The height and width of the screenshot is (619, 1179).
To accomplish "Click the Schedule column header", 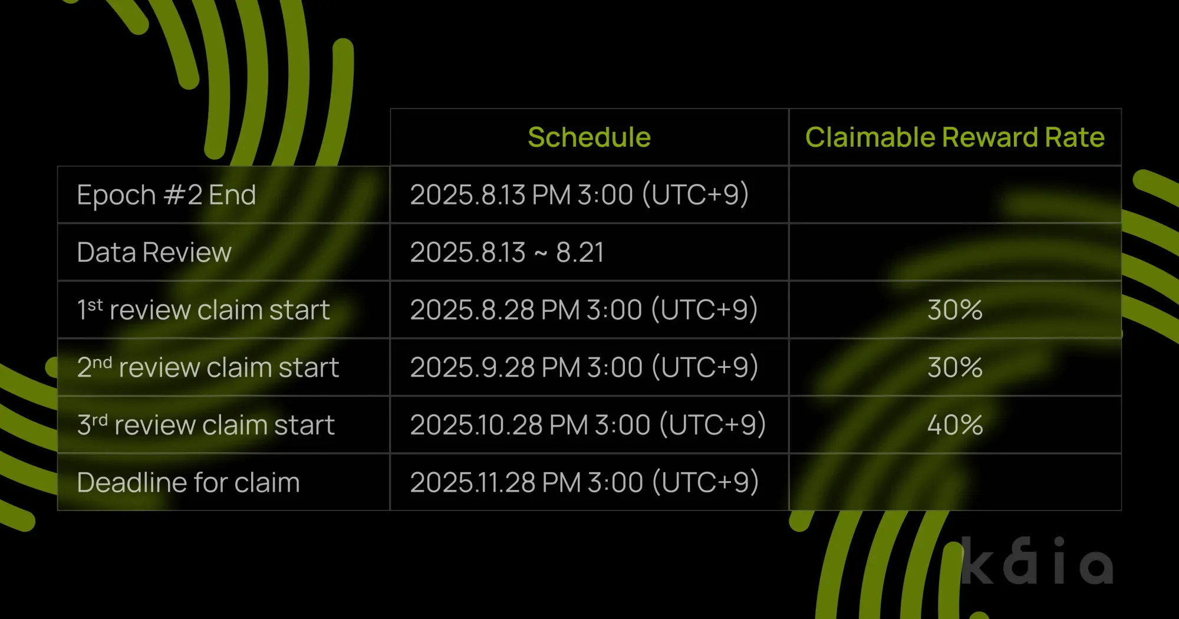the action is click(x=589, y=137).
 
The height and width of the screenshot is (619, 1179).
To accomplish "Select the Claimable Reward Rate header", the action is click(x=955, y=137).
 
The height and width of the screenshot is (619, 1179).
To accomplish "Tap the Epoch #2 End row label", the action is click(x=166, y=195).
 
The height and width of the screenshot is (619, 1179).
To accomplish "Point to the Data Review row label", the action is click(x=154, y=252).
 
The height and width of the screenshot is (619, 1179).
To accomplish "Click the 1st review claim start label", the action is click(x=203, y=309).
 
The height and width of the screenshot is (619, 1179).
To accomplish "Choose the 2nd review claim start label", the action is click(x=208, y=367).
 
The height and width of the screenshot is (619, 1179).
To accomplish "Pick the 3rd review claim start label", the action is click(x=206, y=424).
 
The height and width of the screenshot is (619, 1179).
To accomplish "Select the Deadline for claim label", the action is click(x=188, y=482).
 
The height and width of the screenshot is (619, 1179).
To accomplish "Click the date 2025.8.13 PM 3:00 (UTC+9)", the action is click(x=579, y=195).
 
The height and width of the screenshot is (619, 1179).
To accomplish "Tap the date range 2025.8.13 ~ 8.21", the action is click(x=507, y=252).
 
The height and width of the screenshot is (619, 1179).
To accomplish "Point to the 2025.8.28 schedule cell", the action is click(x=584, y=309).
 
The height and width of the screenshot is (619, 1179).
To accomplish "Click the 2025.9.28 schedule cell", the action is click(x=584, y=367).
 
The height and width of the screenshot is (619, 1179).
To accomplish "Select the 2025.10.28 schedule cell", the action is click(x=588, y=424).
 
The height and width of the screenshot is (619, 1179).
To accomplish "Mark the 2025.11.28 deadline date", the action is click(x=584, y=482).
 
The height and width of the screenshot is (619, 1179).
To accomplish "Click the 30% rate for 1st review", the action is click(x=955, y=309).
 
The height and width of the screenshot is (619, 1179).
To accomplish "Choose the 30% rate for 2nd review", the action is click(x=955, y=367).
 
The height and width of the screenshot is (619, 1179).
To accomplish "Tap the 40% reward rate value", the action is click(x=955, y=424).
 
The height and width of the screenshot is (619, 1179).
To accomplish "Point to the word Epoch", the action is click(x=116, y=195).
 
